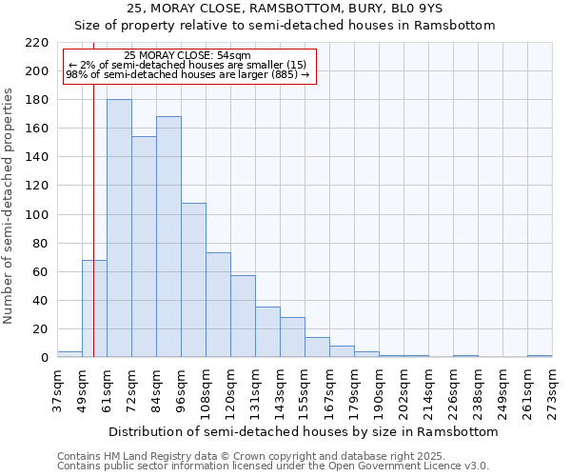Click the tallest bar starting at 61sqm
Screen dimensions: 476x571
119,228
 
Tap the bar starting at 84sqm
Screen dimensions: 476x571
168,237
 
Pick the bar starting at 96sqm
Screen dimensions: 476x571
193,280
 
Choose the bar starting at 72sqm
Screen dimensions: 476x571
144,247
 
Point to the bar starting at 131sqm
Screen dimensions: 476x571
267,332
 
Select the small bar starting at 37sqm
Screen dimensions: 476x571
69,354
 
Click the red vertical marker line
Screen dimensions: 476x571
93,190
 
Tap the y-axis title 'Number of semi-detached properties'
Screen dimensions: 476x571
10,206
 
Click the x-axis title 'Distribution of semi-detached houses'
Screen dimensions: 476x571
303,431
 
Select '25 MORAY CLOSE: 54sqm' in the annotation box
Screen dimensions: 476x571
187,56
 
